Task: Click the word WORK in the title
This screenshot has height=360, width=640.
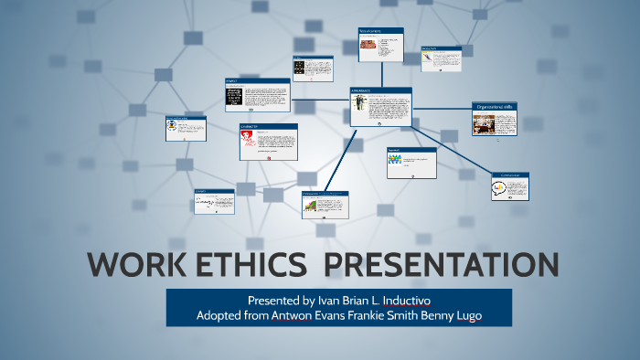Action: pyautogui.click(x=136, y=265)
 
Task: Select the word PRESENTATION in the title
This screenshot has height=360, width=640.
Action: pyautogui.click(x=442, y=265)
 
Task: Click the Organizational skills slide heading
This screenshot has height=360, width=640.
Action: pyautogui.click(x=495, y=106)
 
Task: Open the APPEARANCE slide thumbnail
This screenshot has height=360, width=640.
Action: pyautogui.click(x=380, y=108)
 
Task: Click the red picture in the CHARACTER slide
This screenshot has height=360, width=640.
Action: pyautogui.click(x=247, y=139)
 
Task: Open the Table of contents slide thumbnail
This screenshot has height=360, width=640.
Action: pyautogui.click(x=380, y=45)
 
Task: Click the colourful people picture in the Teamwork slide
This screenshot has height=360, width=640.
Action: pyautogui.click(x=395, y=159)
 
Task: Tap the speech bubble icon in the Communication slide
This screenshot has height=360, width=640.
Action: pyautogui.click(x=498, y=188)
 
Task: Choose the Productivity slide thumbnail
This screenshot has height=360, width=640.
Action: pyautogui.click(x=440, y=58)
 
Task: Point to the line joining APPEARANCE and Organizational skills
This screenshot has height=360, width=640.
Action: pyautogui.click(x=442, y=111)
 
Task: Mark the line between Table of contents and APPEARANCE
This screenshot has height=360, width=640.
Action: pyautogui.click(x=380, y=74)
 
